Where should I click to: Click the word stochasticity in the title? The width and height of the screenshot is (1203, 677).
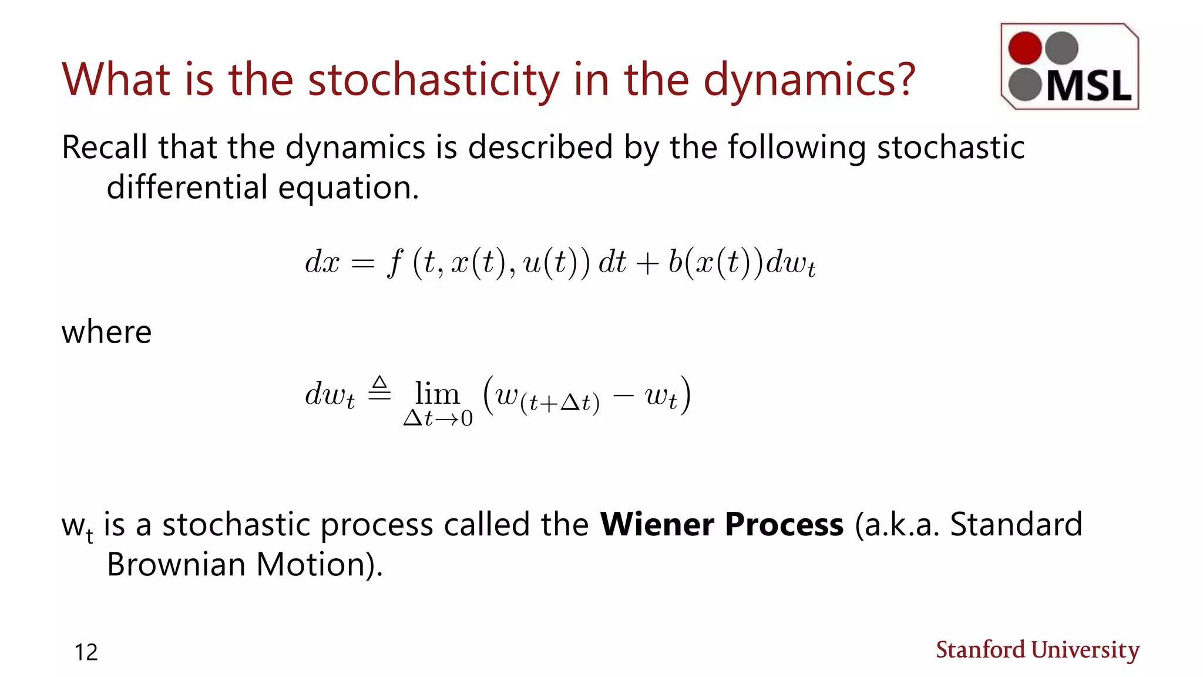pos(434,80)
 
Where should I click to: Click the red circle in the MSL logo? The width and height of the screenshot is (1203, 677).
pos(1024,48)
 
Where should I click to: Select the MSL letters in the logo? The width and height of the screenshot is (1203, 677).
pos(1088,86)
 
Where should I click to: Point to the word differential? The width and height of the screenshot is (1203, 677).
pos(186,187)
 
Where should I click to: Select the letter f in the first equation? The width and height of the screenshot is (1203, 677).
pos(395,263)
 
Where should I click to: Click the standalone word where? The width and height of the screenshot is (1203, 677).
pos(106,332)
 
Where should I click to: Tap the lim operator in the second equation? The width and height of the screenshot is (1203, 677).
pos(437,394)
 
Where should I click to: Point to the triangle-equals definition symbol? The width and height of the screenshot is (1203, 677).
pos(379,388)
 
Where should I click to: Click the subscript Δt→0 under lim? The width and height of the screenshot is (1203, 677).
pos(438,418)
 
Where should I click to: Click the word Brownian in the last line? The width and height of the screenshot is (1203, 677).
pos(176,565)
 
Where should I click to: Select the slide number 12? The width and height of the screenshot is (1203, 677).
pos(86,652)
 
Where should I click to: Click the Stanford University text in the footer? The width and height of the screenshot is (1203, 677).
pos(1037,650)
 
